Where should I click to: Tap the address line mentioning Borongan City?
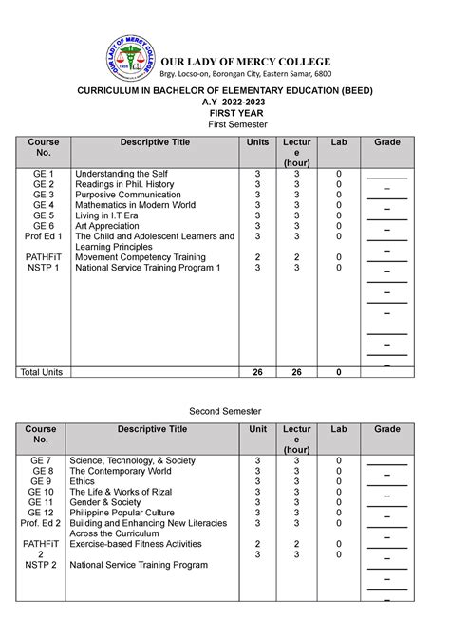[252, 73]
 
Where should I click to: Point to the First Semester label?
[224, 123]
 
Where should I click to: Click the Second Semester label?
[224, 410]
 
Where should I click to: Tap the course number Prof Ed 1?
[44, 236]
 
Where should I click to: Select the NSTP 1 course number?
[44, 268]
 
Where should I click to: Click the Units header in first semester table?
[257, 142]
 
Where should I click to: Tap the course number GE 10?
[42, 492]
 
